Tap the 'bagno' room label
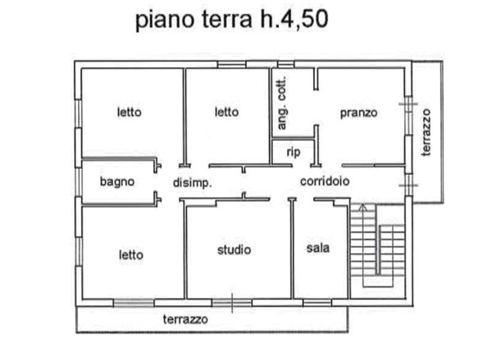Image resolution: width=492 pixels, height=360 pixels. point(116,182)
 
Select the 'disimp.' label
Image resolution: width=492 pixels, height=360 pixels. point(192,183)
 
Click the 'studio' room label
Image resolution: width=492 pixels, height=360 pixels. point(234,249)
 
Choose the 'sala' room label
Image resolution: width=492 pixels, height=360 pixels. point(318,248)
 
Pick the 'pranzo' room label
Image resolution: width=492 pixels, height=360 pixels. point(359,113)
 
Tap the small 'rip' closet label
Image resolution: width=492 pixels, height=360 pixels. point(292,153)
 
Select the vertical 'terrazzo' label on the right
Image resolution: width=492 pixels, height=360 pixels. point(426,130)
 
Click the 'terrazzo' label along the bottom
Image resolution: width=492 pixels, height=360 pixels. point(184,318)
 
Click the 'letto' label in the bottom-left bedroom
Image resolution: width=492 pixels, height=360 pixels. point(130,254)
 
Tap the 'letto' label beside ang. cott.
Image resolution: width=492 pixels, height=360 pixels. point(226,112)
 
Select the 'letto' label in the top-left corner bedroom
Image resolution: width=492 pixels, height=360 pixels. point(129,112)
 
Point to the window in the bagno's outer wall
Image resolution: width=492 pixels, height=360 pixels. point(79,182)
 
